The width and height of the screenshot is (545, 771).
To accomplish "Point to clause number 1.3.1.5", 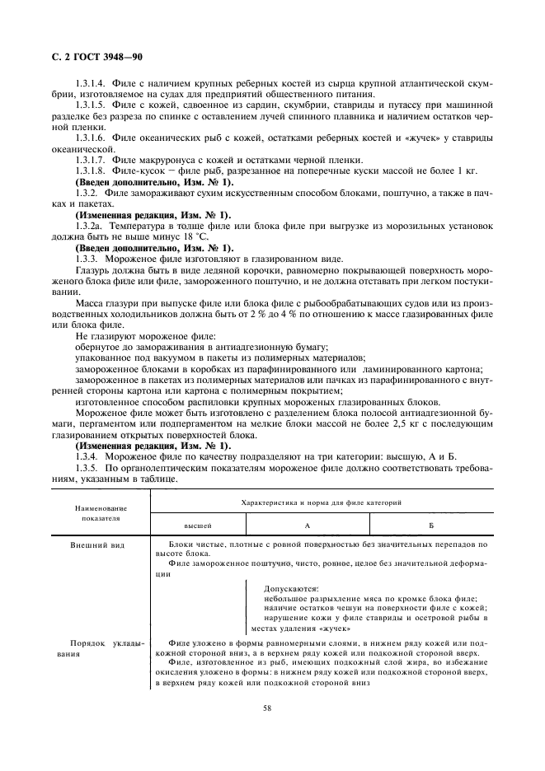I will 89,105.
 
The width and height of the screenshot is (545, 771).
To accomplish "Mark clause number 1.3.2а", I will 87,223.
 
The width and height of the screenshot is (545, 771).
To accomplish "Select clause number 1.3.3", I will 87,257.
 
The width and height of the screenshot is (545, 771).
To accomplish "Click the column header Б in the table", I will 430,524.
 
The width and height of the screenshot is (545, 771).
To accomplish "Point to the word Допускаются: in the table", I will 291,590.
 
